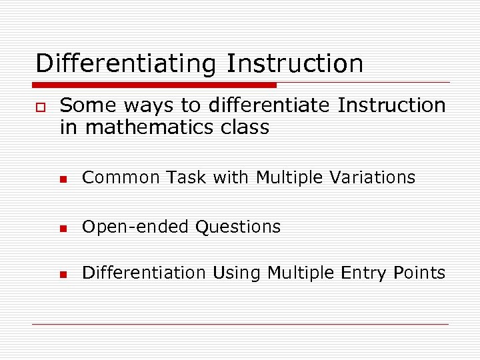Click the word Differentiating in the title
point(126,64)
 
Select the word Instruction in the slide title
point(295,64)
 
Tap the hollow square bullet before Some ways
point(41,107)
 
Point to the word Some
point(85,105)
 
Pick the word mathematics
point(153,127)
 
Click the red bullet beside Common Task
point(63,179)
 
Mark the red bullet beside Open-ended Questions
point(63,229)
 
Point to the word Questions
point(238,227)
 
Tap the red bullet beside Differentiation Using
point(63,275)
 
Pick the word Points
point(418,273)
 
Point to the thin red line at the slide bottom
point(240,325)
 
